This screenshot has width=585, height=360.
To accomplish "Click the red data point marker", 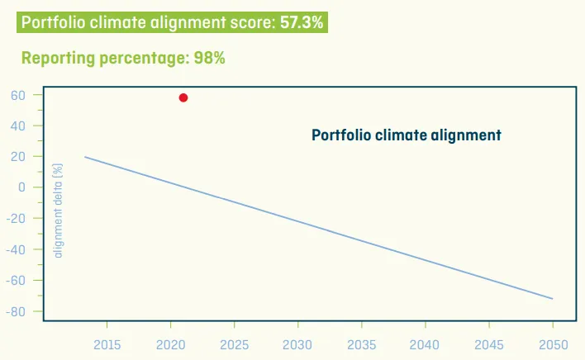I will click(x=183, y=97).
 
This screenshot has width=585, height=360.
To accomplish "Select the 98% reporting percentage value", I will click(x=210, y=58).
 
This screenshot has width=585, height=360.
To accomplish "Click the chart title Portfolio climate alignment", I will click(x=407, y=135).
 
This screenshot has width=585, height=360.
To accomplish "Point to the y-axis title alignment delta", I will click(x=58, y=211).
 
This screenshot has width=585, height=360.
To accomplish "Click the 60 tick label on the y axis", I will click(x=19, y=95).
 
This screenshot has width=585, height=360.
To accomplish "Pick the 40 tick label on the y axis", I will click(x=19, y=126).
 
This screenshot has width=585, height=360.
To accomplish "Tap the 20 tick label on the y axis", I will click(x=19, y=156).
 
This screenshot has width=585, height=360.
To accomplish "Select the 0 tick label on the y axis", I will click(x=22, y=187).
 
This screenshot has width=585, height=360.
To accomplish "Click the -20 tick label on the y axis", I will click(x=17, y=219).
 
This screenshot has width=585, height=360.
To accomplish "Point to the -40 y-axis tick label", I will click(x=17, y=249).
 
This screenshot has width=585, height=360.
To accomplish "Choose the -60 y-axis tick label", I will click(x=17, y=281).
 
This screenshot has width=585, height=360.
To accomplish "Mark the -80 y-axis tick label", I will click(x=17, y=311).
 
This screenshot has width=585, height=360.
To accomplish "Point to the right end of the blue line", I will click(x=552, y=298).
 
